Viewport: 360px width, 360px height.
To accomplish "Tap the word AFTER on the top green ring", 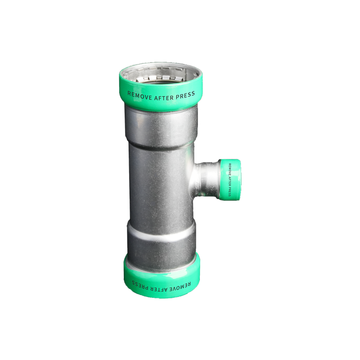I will (163, 95).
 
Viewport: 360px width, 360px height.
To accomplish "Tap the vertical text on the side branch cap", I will (229, 179).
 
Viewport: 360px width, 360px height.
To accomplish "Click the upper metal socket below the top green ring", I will (161, 124).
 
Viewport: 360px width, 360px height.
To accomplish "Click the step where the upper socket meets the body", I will (161, 145).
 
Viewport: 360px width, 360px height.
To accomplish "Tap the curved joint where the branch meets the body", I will (194, 180).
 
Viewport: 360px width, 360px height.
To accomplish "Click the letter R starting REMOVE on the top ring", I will (130, 94).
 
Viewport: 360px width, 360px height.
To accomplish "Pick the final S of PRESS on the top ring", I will (193, 93).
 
